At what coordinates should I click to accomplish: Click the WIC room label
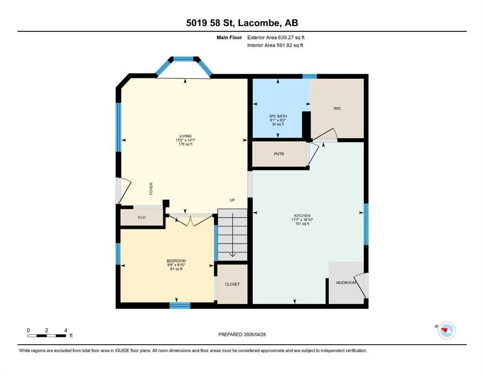pyautogui.click(x=337, y=108)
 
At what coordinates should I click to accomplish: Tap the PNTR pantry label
pyautogui.click(x=279, y=154)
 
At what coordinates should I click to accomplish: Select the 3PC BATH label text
pyautogui.click(x=278, y=116)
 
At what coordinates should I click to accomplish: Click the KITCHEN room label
pyautogui.click(x=302, y=216)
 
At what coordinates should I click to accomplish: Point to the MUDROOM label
pyautogui.click(x=346, y=283)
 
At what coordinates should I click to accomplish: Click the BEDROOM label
pyautogui.click(x=176, y=261)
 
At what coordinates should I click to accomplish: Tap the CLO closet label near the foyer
pyautogui.click(x=142, y=217)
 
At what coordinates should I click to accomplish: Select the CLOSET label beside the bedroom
pyautogui.click(x=232, y=284)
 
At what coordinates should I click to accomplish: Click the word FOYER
pyautogui.click(x=151, y=188)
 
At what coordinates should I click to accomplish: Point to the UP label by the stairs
pyautogui.click(x=232, y=200)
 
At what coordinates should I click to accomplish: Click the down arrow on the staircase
pyautogui.click(x=232, y=235)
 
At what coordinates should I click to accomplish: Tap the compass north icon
pyautogui.click(x=446, y=331)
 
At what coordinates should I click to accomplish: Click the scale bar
pyautogui.click(x=47, y=335)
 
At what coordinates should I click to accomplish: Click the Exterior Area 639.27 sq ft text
pyautogui.click(x=276, y=38)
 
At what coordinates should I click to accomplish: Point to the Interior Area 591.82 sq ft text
pyautogui.click(x=275, y=45)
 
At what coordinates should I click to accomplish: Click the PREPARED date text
pyautogui.click(x=242, y=334)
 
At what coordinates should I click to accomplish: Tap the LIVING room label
pyautogui.click(x=186, y=136)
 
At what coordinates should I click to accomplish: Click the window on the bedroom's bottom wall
pyautogui.click(x=180, y=306)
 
